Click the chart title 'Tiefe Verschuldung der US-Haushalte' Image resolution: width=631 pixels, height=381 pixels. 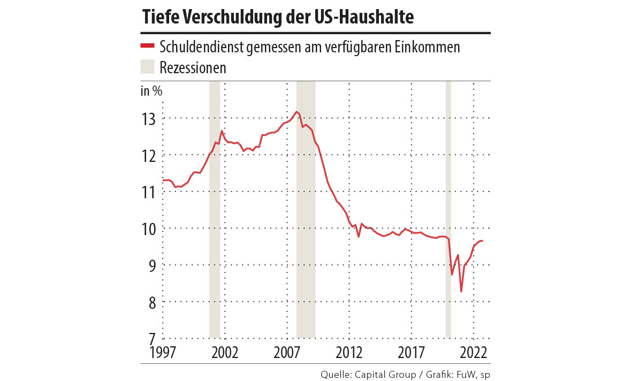pyautogui.click(x=278, y=17)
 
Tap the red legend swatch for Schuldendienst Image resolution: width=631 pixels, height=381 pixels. pyautogui.click(x=147, y=46)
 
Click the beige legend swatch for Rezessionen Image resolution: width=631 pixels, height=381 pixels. pyautogui.click(x=147, y=67)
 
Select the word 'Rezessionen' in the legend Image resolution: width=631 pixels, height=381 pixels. pyautogui.click(x=193, y=68)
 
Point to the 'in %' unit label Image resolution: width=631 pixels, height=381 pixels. pyautogui.click(x=151, y=90)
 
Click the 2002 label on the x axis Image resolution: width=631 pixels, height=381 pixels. pyautogui.click(x=225, y=353)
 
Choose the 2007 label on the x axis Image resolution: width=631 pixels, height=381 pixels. pyautogui.click(x=287, y=353)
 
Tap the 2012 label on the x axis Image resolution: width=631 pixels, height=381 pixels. pyautogui.click(x=349, y=353)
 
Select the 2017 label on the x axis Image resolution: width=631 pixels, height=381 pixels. pyautogui.click(x=411, y=353)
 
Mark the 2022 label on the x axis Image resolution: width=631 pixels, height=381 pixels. pyautogui.click(x=473, y=353)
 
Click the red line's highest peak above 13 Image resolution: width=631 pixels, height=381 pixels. pyautogui.click(x=297, y=112)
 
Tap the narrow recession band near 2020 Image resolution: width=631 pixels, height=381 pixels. pyautogui.click(x=448, y=214)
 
